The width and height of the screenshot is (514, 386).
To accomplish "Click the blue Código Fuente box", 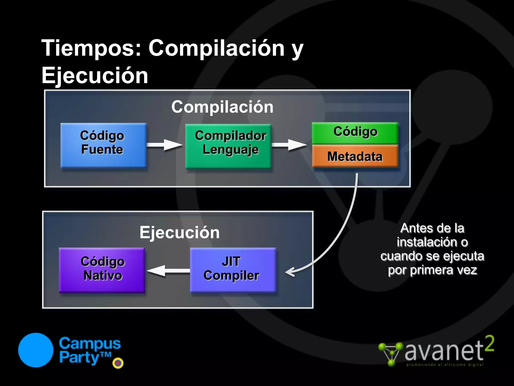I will tap(103, 145).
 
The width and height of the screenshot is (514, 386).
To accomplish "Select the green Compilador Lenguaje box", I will tap(228, 146).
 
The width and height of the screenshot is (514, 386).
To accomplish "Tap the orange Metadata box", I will tap(355, 156).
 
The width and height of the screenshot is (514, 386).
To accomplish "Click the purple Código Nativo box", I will tap(102, 270).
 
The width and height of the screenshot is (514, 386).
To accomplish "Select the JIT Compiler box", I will tap(233, 270).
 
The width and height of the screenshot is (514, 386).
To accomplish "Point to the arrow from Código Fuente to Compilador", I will tap(165, 145).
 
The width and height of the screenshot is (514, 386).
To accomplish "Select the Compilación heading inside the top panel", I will tap(222, 107).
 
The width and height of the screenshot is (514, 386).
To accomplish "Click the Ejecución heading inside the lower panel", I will tap(179, 232).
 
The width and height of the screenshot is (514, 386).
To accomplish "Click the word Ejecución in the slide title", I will tap(95, 75).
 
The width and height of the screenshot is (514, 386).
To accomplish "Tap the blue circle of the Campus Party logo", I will tap(36, 350).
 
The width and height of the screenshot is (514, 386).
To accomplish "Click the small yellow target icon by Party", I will tap(118, 363).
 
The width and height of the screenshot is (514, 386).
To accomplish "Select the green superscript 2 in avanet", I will tap(489, 344).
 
